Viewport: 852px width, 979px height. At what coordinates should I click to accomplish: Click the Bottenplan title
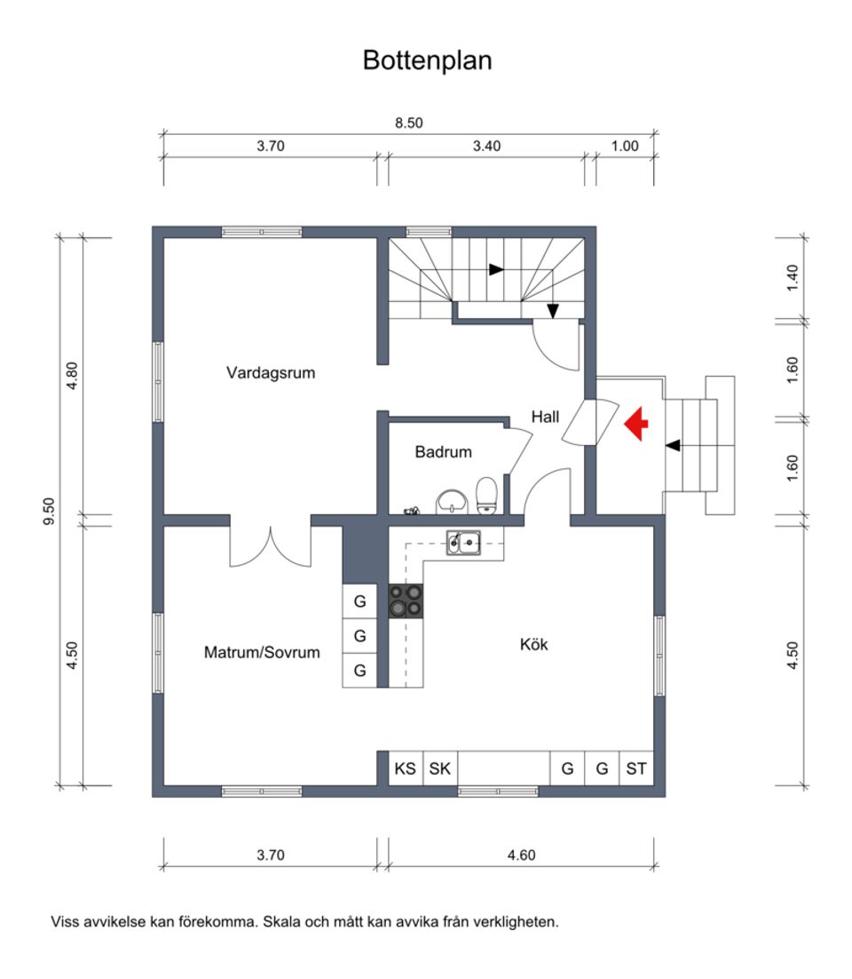click(427, 60)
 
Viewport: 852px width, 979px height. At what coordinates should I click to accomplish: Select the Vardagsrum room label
click(271, 373)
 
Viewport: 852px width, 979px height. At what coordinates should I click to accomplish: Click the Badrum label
click(443, 452)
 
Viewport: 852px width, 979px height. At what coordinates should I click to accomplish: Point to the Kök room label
click(533, 644)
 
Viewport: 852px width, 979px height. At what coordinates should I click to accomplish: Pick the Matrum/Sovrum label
click(262, 652)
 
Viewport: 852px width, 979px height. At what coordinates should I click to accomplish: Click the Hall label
click(546, 416)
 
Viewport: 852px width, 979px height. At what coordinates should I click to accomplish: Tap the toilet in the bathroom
click(486, 495)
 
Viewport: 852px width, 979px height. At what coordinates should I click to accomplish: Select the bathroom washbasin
click(454, 502)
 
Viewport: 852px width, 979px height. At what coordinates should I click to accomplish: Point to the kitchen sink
click(462, 541)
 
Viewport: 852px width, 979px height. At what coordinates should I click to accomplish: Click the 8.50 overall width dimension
click(408, 123)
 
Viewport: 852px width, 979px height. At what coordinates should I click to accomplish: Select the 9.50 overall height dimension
click(50, 512)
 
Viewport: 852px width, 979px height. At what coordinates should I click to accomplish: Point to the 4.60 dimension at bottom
click(521, 856)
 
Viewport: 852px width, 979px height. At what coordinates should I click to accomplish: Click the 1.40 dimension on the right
click(793, 278)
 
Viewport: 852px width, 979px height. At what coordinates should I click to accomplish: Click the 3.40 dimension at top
click(486, 147)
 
